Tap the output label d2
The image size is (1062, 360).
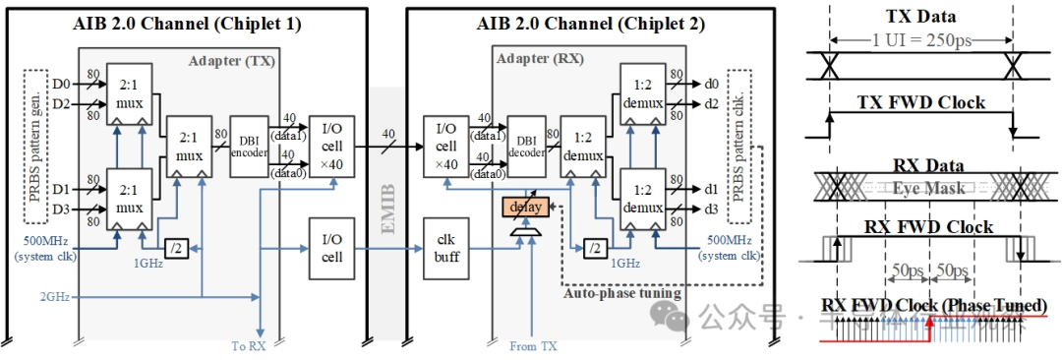point(711,103)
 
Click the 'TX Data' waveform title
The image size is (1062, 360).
point(921,17)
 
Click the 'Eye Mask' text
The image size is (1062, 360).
point(920,186)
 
